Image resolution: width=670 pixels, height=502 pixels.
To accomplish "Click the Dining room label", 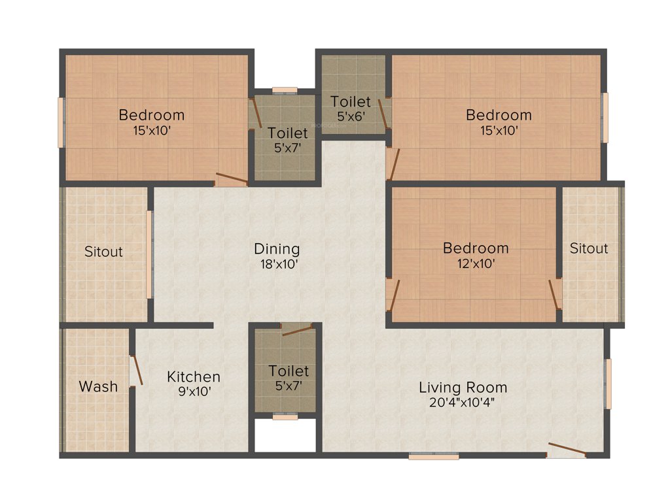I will coord(277,249).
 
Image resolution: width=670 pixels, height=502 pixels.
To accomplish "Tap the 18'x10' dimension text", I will coord(277,265).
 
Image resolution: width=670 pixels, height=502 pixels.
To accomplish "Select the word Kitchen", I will coord(194,377).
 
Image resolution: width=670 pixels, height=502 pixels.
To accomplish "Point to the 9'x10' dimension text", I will coord(194,392).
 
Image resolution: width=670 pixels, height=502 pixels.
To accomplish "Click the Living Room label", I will coord(463,388).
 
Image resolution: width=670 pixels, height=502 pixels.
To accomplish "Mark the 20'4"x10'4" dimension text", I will coord(463,403).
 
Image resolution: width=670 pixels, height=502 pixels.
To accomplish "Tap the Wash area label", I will coord(99,386).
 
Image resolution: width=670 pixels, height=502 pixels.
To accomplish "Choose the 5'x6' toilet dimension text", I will coord(351,117).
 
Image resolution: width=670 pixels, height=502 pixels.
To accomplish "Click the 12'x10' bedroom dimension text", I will coord(476,264).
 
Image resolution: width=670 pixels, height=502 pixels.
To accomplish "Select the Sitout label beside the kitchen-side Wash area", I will coord(103,252).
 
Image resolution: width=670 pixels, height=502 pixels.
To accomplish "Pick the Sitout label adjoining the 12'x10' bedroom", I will coord(588,248).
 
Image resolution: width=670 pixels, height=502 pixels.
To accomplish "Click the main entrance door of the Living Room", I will coord(567,450).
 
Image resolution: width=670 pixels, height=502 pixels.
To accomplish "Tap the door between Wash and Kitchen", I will coord(137,370).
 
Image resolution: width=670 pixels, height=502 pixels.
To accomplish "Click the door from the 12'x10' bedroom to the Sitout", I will coord(555,294).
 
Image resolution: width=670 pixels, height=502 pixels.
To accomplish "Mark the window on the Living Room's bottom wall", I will coord(434,456).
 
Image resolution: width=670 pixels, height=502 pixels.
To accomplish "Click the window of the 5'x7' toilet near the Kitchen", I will coord(285,416).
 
